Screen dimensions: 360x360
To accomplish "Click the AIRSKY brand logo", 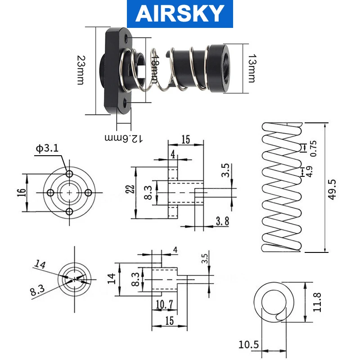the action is coord(180,13).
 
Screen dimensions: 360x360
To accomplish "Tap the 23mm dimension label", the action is coord(81,70).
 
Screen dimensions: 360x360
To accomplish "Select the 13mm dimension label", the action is coord(252,68).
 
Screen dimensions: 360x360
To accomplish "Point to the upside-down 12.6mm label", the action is coord(123,138).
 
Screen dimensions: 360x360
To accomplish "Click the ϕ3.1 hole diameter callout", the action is coord(47,148).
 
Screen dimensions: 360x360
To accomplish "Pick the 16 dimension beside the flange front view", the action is coord(21,193).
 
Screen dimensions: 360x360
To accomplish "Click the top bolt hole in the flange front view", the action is coord(69,174).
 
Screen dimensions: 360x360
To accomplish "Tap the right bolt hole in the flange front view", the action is coord(88,193).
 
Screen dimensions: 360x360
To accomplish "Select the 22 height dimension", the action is coord(130,189).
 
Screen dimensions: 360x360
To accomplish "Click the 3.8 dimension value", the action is coord(222,221).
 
